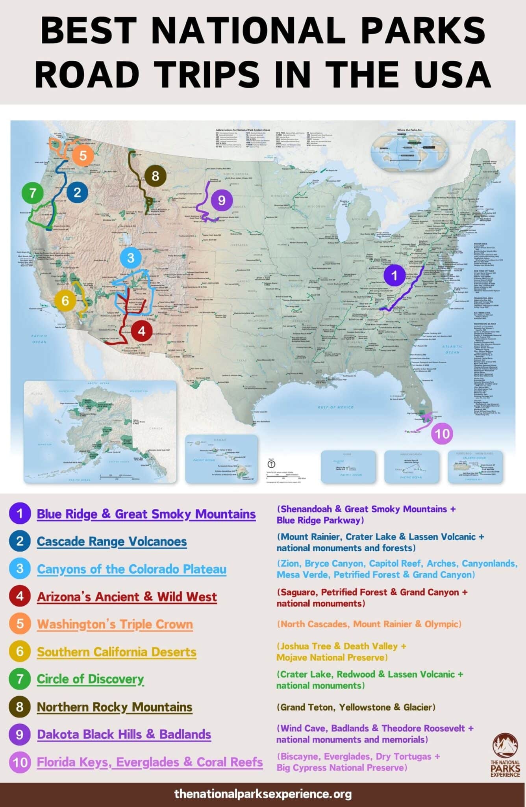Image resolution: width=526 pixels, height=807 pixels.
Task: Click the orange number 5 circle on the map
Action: [83, 155]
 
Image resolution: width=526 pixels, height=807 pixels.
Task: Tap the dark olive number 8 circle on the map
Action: [155, 176]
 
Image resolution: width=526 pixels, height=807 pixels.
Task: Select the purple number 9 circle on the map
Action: [221, 200]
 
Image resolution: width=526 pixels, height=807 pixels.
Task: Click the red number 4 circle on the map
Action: [141, 331]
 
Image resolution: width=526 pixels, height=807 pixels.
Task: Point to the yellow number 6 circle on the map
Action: [65, 301]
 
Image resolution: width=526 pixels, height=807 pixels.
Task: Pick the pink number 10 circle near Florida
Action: [442, 433]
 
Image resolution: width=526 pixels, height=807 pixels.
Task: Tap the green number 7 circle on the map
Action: [33, 193]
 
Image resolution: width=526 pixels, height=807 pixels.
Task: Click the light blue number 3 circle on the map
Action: [131, 258]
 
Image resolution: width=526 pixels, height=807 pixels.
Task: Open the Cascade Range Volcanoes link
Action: [112, 541]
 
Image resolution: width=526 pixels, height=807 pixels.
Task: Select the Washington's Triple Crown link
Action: [115, 624]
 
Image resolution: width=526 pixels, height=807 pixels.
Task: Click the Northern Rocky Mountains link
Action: [115, 707]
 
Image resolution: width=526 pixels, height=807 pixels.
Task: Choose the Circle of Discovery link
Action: [90, 679]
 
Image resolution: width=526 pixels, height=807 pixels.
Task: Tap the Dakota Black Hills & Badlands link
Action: [124, 734]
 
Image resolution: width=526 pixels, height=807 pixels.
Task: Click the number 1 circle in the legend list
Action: [20, 513]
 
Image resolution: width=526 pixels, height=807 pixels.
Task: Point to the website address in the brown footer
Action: [263, 794]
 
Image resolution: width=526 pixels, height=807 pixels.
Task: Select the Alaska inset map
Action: [100, 431]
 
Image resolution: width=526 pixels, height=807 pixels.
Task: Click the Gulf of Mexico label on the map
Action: [335, 407]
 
